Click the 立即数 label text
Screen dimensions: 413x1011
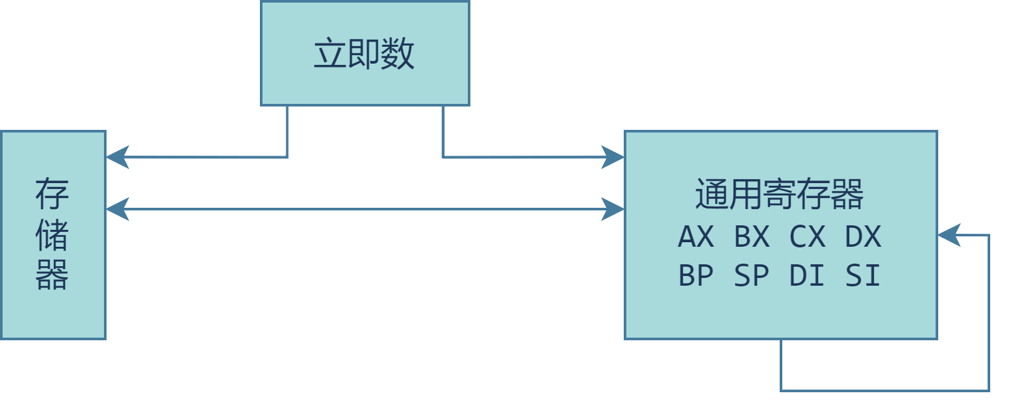[364, 54]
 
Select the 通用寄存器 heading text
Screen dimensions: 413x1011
[780, 194]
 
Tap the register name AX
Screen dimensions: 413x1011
[696, 237]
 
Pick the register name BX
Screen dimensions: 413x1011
[752, 237]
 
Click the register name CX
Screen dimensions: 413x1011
[808, 237]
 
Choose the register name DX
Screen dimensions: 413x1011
[864, 237]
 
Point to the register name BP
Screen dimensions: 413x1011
[696, 276]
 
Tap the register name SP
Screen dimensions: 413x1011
[752, 276]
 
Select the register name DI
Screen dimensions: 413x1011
[808, 276]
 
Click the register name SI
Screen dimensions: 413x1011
[864, 276]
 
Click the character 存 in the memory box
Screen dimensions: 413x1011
[53, 194]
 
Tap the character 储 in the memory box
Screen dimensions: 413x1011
[53, 234]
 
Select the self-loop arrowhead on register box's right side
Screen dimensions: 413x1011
[948, 235]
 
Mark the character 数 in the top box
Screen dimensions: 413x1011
[398, 54]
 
